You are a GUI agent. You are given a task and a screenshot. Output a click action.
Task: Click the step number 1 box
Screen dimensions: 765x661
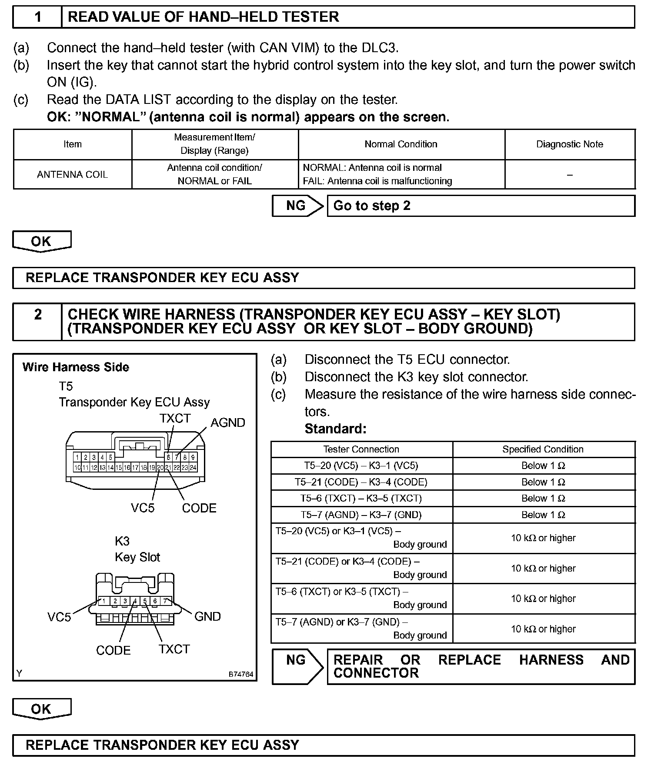(x=38, y=17)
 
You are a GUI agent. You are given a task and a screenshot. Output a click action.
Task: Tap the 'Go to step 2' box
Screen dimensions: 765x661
(x=481, y=206)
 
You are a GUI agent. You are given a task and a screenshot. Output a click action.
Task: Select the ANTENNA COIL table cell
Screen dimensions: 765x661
(x=72, y=174)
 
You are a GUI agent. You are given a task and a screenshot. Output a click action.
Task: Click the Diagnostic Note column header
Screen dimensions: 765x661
(x=570, y=144)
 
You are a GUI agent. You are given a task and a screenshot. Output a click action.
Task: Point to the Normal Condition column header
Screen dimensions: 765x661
(x=401, y=144)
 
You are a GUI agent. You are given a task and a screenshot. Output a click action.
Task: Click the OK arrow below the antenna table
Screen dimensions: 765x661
(x=41, y=241)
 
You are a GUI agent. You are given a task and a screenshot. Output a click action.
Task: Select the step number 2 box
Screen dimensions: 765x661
(x=38, y=322)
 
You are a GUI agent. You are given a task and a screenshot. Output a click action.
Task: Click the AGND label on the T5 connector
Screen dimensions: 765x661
(x=227, y=422)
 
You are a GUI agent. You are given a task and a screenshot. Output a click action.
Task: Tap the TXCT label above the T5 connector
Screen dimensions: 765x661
(x=175, y=418)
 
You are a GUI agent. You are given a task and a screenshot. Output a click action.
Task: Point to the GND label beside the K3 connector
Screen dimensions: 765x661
(x=207, y=616)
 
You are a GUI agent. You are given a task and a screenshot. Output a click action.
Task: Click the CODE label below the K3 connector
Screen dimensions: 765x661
(x=113, y=650)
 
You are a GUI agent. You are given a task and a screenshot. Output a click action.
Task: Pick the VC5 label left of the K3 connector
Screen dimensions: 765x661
(x=59, y=617)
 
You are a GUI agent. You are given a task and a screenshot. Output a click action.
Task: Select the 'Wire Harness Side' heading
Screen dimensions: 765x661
(x=76, y=367)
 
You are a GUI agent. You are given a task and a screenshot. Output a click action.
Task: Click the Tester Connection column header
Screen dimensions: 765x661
(x=361, y=449)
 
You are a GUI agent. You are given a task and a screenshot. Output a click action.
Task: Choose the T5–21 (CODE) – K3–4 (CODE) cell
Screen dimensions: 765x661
(x=361, y=482)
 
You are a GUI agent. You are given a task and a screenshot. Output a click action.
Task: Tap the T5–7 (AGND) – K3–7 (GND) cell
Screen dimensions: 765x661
(x=361, y=515)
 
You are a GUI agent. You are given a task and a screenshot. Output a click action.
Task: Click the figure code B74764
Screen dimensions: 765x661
(x=240, y=674)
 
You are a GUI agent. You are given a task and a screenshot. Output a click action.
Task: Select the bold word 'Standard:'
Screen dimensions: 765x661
(x=336, y=429)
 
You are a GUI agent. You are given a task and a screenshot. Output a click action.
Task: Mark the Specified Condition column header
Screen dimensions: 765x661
(x=543, y=449)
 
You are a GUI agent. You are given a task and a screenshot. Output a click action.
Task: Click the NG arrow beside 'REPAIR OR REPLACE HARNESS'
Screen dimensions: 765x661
(x=297, y=666)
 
